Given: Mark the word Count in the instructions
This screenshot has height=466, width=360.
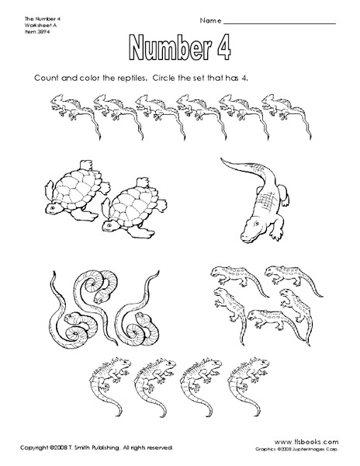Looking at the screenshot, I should [x=48, y=79].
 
